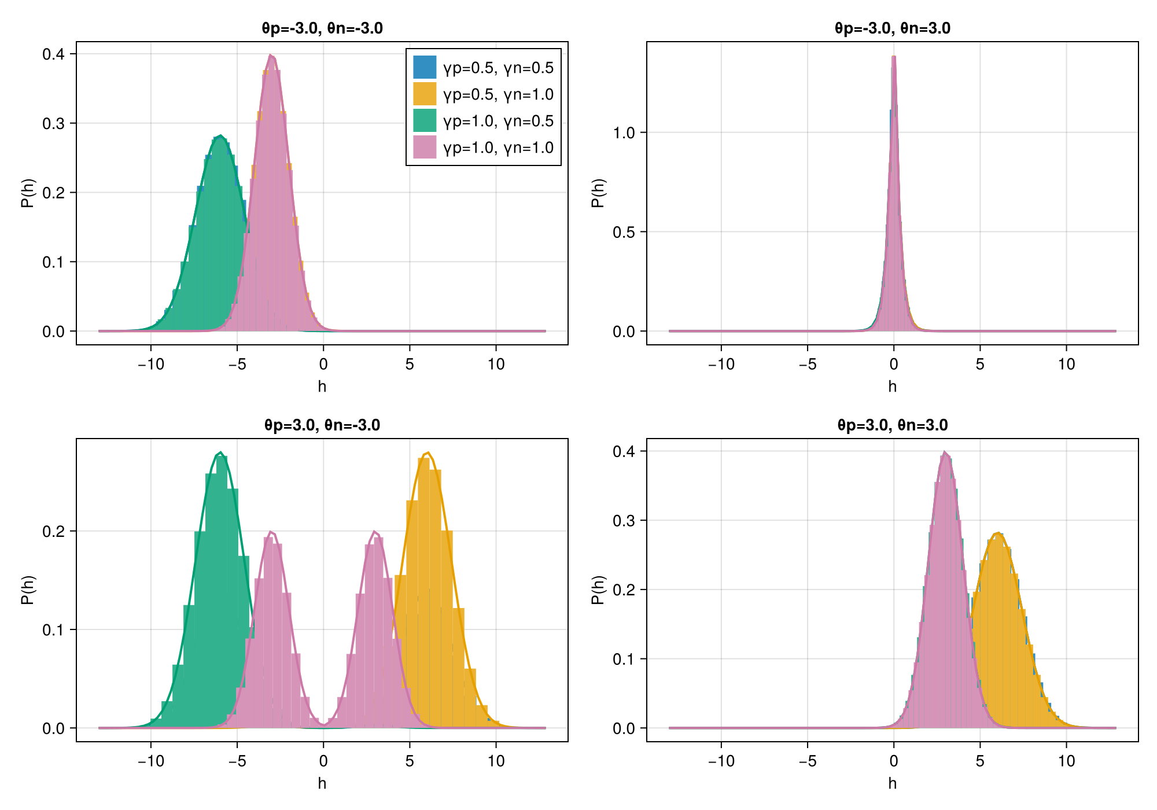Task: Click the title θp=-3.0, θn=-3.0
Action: coord(322,28)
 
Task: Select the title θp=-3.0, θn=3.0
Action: coord(892,28)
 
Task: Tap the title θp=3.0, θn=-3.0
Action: coord(322,425)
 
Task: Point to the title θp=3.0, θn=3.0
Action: coord(892,425)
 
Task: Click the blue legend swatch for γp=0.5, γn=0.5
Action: coord(424,67)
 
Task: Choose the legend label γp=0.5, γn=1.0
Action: coord(498,94)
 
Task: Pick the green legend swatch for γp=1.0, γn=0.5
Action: coord(424,120)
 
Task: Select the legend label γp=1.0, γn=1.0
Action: coord(498,148)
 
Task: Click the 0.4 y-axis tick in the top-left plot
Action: coord(53,54)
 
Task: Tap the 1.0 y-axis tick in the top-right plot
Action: coord(624,132)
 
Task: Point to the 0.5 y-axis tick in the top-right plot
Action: coord(624,232)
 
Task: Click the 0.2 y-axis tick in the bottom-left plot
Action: coord(53,531)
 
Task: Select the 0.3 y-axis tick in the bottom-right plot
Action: coord(624,521)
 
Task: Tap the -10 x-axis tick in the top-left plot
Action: coord(151,365)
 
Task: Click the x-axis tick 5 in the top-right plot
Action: coord(980,365)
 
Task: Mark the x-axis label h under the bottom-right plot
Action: coord(892,783)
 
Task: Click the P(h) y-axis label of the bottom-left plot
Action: coord(28,590)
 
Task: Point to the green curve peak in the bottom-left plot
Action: coord(220,452)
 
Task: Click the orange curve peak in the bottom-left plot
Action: coord(427,452)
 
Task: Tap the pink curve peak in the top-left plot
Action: coord(271,56)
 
